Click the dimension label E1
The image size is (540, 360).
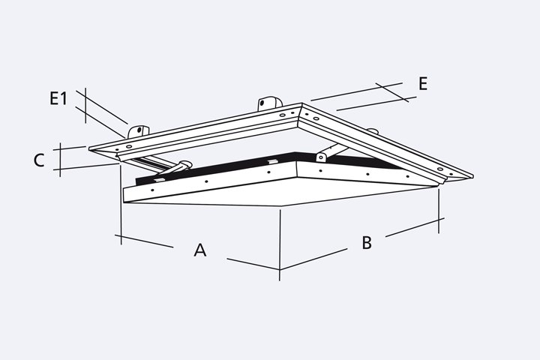(x=59, y=98)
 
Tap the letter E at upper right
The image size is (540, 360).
(x=423, y=84)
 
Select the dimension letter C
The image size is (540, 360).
(x=39, y=160)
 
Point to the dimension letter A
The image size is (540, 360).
(x=200, y=250)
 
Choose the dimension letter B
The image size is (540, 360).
(x=367, y=242)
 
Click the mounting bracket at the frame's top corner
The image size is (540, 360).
(x=270, y=103)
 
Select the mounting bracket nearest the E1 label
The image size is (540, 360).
(x=139, y=131)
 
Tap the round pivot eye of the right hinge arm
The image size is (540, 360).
(x=321, y=157)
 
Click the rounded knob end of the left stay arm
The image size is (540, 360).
(x=185, y=164)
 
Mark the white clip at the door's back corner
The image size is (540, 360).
(x=273, y=161)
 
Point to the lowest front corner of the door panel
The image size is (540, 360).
(x=282, y=206)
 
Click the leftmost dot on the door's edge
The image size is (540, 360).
(x=152, y=190)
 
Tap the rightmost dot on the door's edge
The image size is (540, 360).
(x=408, y=176)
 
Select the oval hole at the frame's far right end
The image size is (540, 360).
(x=440, y=169)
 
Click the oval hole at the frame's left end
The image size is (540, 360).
(x=129, y=147)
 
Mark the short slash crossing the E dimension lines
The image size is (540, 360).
(x=392, y=92)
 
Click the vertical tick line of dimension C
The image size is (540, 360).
(x=60, y=160)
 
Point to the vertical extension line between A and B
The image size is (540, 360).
(x=280, y=245)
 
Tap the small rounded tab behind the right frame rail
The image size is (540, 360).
(x=372, y=131)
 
